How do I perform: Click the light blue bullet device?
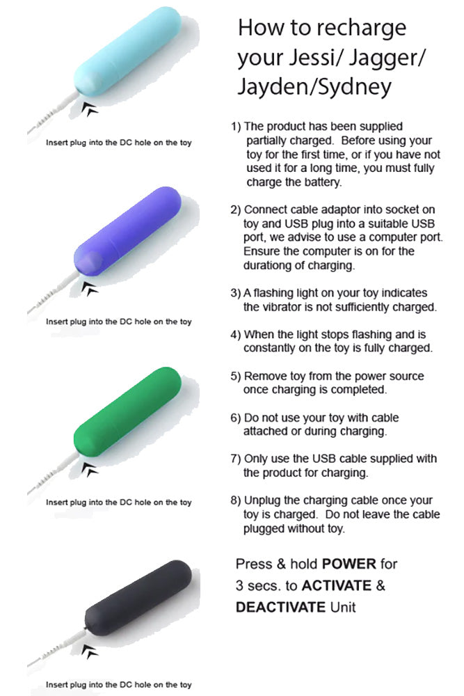(x=127, y=52)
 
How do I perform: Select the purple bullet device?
(x=127, y=232)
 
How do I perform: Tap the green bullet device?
(x=127, y=411)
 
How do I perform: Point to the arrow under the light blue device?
(x=90, y=109)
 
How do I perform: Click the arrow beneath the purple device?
(x=90, y=288)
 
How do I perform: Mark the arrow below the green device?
(x=90, y=468)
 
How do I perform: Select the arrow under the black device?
(x=90, y=651)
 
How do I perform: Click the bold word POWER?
(x=349, y=564)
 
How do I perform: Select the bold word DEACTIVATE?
(x=280, y=607)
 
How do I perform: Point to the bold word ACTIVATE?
(x=336, y=585)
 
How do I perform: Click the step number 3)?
(x=235, y=293)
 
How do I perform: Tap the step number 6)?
(x=235, y=418)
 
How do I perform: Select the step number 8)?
(x=235, y=500)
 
